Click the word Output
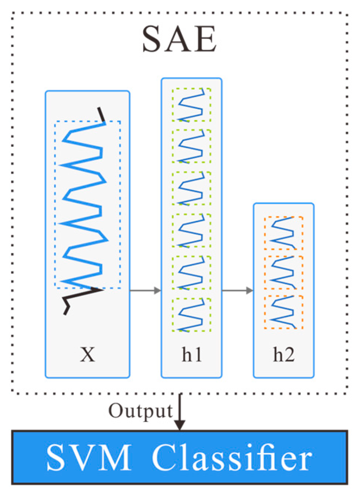[140, 411]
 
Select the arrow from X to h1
[145, 291]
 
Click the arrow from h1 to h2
[238, 291]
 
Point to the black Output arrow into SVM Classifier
[179, 412]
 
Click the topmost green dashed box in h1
[192, 104]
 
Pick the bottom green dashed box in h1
[192, 315]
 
